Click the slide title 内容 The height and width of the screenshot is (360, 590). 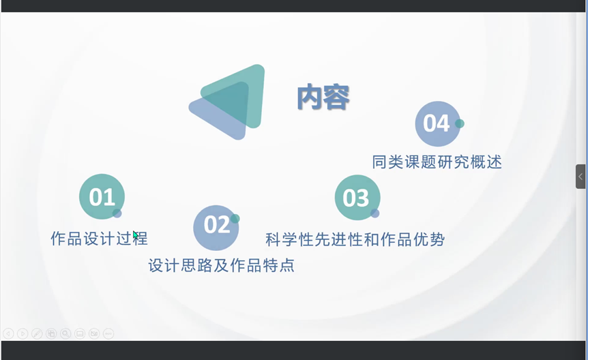tap(323, 97)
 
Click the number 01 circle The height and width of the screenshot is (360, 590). tap(102, 196)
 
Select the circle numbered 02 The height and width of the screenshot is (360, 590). tap(216, 228)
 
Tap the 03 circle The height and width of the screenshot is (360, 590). tap(357, 197)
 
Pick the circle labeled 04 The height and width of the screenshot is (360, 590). tap(438, 123)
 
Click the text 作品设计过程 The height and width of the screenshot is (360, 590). tap(99, 239)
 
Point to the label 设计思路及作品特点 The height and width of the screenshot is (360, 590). tap(221, 265)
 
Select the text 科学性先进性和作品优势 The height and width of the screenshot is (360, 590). tap(355, 239)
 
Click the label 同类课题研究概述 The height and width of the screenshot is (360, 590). tap(437, 162)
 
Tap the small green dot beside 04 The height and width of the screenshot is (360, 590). tap(460, 123)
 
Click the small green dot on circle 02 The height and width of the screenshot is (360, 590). tap(235, 219)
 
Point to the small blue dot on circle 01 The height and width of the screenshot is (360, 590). tap(117, 213)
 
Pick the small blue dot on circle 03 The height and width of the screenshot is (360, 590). tap(374, 213)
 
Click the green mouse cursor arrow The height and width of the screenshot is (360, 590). tap(136, 237)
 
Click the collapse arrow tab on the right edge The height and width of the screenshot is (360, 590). tap(580, 177)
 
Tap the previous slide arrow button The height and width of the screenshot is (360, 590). tap(8, 333)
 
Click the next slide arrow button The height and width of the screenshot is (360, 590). tap(23, 333)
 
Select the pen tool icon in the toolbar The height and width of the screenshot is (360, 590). tap(37, 333)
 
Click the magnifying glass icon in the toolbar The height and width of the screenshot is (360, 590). tap(65, 333)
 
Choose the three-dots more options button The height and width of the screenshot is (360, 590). tap(108, 333)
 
